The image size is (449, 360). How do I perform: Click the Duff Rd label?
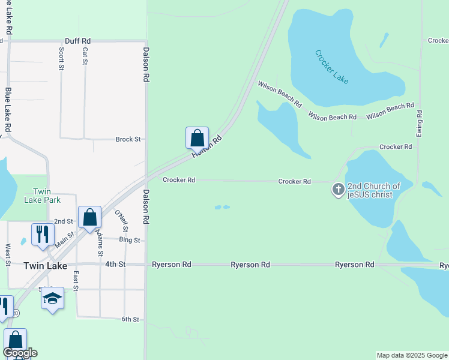coord(77,40)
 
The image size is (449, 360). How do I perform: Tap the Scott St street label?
coord(61,59)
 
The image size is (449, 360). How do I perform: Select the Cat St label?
coord(85,56)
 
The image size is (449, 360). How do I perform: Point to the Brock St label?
coord(128,139)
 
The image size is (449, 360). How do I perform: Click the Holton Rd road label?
coord(207,146)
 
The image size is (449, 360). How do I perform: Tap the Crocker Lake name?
coord(332,67)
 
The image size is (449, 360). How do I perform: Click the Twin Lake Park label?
coord(43,196)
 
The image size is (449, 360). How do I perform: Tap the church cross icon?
coord(339,190)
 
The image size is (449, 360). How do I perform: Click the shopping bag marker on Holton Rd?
coord(197,138)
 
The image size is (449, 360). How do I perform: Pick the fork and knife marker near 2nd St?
coord(43,234)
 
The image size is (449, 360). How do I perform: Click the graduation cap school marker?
coord(52,298)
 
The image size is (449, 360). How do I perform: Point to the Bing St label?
coord(129,240)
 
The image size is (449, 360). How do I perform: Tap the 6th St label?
coord(130,319)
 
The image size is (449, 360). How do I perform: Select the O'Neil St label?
coord(121,220)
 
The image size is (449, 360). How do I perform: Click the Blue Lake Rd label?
coord(8,110)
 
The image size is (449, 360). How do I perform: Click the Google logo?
coord(20,353)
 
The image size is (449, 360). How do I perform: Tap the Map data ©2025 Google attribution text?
coord(412,355)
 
